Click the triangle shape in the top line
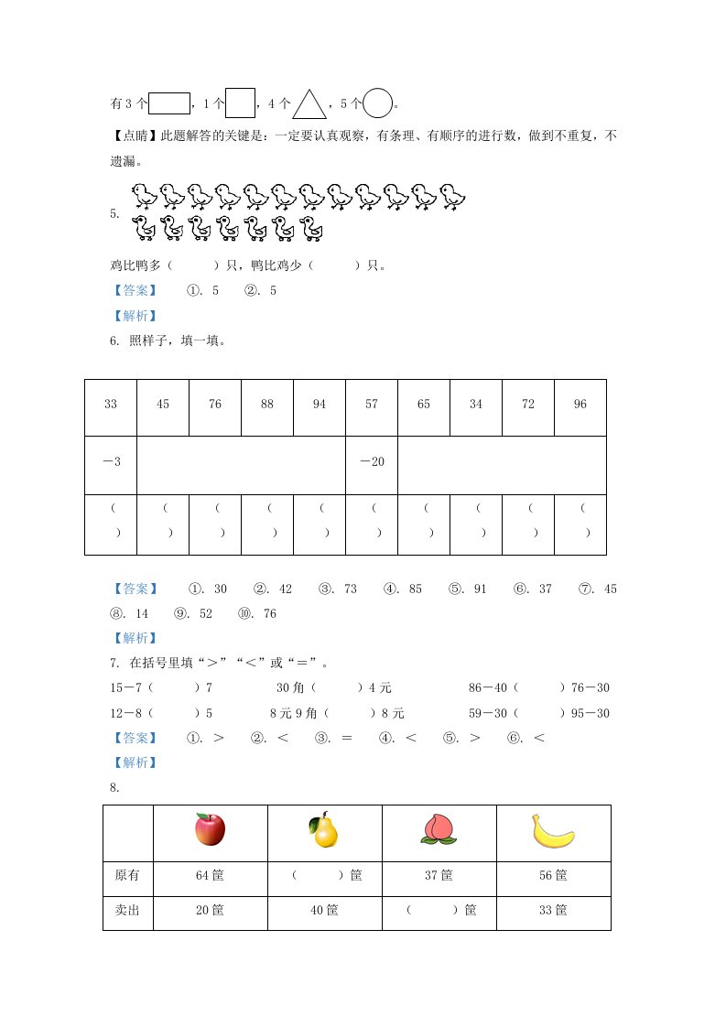click(x=309, y=104)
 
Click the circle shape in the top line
click(x=377, y=103)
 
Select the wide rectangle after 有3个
click(x=168, y=103)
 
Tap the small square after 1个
click(x=240, y=103)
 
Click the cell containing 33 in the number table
click(x=111, y=405)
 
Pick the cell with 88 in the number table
click(x=267, y=405)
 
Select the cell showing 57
click(x=372, y=405)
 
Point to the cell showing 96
click(x=580, y=405)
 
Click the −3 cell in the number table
click(x=111, y=461)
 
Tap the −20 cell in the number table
click(x=372, y=461)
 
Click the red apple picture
click(x=210, y=830)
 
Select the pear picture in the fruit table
click(x=323, y=830)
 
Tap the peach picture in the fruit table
click(x=438, y=830)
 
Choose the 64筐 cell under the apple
click(x=210, y=876)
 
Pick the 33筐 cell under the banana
click(x=553, y=911)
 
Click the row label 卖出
click(x=128, y=911)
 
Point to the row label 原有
click(x=128, y=876)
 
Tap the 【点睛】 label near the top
click(x=133, y=136)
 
